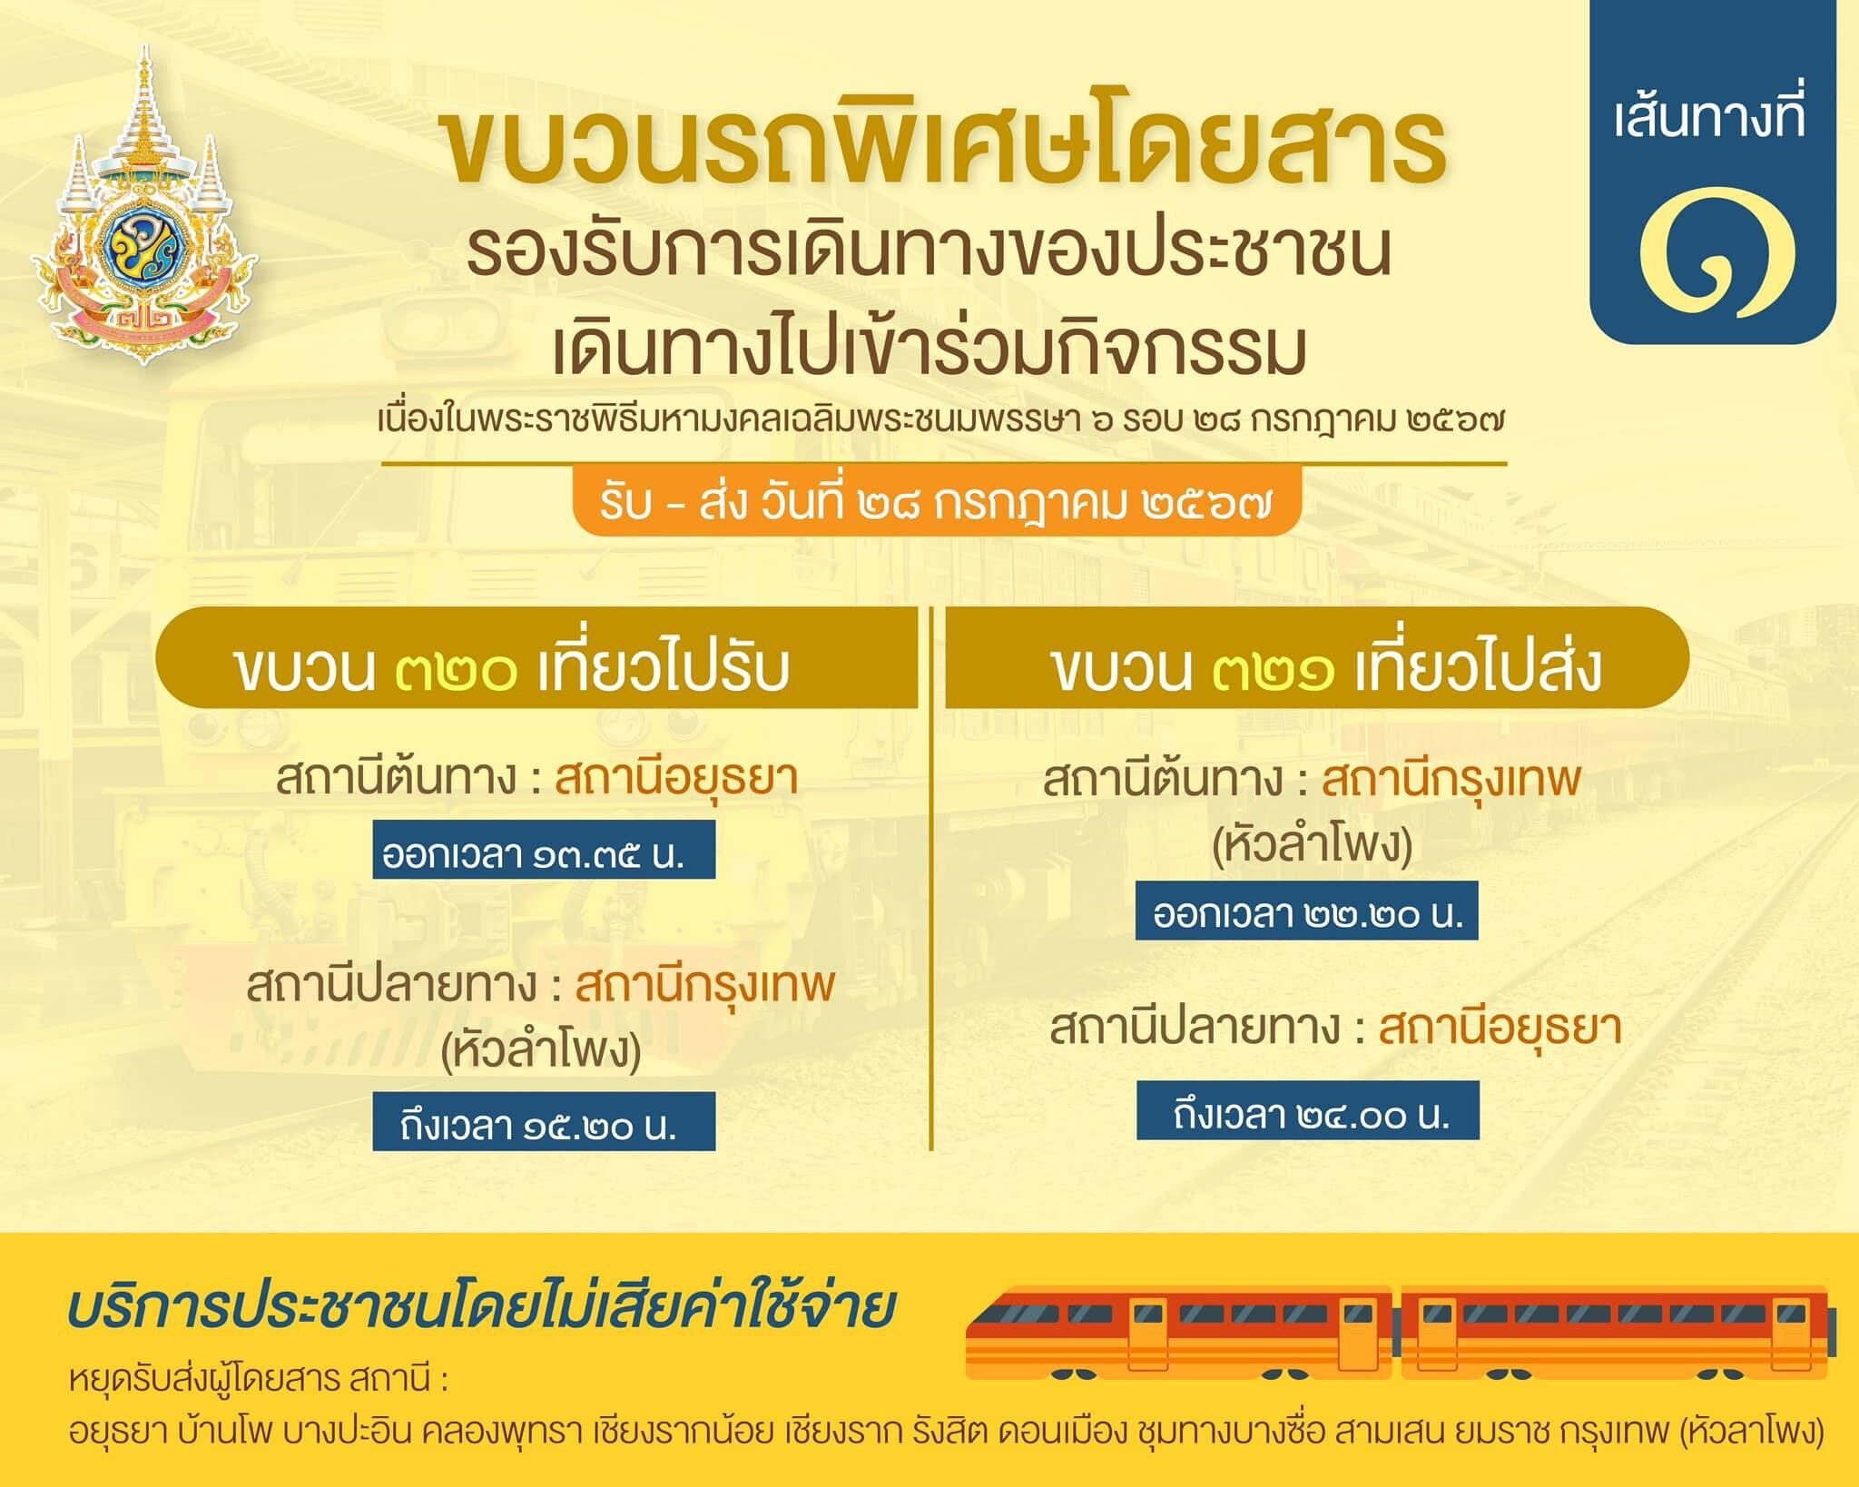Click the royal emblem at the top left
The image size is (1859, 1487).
(143, 207)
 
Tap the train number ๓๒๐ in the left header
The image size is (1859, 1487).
(457, 671)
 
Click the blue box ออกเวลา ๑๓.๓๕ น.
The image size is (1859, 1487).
(544, 849)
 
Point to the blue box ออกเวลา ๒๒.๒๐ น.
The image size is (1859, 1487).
(1307, 911)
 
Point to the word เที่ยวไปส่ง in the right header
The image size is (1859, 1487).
(1478, 671)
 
